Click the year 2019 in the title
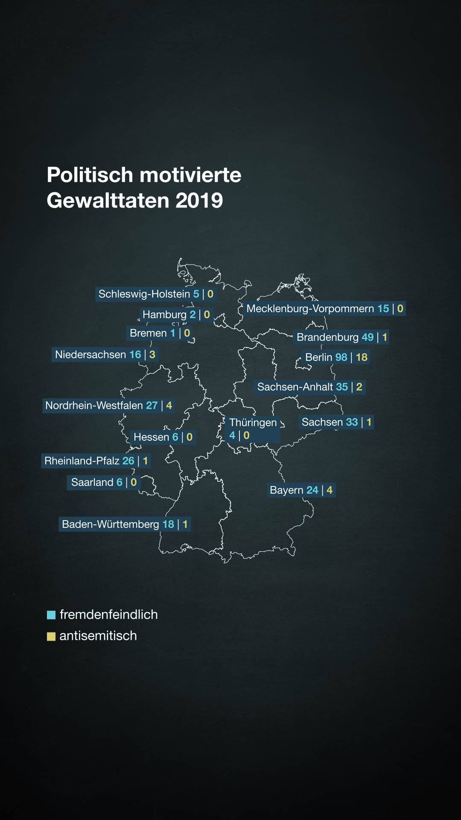click(199, 200)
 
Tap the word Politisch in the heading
click(90, 175)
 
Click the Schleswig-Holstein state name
click(144, 294)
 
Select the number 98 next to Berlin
click(341, 357)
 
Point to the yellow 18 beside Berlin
click(362, 357)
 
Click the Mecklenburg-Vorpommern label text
click(310, 309)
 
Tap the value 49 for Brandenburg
click(368, 337)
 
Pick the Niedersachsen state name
click(90, 355)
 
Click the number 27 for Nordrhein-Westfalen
click(152, 406)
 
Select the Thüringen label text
click(253, 423)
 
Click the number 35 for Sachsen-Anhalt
click(342, 387)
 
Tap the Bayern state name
click(286, 490)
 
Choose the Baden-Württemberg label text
click(110, 524)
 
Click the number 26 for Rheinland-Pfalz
click(128, 461)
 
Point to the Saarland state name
click(92, 483)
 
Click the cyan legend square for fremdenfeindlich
click(51, 615)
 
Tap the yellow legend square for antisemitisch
click(51, 636)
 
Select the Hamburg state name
click(164, 315)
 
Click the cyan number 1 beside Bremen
click(173, 333)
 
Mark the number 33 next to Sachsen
click(352, 422)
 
